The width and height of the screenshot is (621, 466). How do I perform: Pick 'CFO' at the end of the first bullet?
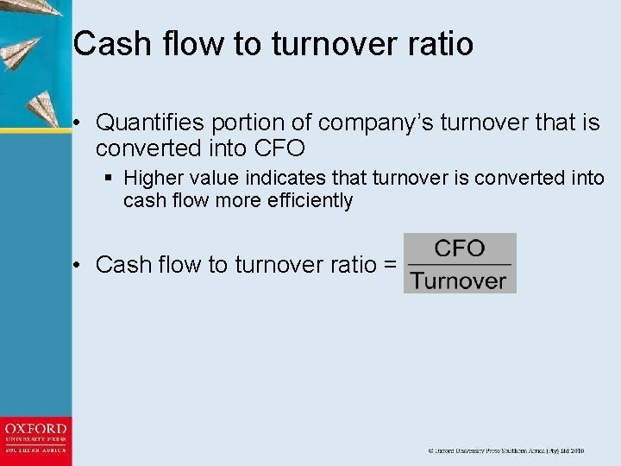coord(279,148)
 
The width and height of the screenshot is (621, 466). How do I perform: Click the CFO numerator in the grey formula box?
coord(460,249)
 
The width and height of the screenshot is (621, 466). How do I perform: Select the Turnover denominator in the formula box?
coord(459,280)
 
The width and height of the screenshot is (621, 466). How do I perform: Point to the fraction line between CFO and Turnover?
coord(459,264)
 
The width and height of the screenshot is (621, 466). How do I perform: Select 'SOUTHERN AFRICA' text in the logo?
coord(35,450)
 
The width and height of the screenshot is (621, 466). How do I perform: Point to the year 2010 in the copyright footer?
coord(575,450)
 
